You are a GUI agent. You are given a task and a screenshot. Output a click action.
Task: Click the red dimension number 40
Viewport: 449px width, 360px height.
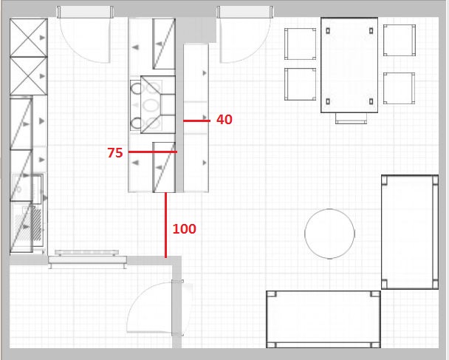(224, 120)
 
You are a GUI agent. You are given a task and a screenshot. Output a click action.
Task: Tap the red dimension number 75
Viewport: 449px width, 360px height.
(115, 153)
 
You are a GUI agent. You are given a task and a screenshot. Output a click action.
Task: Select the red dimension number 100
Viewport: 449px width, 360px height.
(185, 228)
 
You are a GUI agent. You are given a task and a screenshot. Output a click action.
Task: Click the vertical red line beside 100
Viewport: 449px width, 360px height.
(165, 225)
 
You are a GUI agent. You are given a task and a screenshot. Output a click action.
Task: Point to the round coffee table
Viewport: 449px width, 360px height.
(329, 234)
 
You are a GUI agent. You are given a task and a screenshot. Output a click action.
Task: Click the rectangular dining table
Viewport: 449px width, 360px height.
(349, 65)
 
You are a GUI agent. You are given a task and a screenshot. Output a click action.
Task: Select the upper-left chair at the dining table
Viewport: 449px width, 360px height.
(300, 44)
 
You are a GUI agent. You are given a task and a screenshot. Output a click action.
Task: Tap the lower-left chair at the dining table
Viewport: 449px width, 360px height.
(300, 84)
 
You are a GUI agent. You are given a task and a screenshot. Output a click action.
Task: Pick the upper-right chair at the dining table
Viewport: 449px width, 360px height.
(400, 40)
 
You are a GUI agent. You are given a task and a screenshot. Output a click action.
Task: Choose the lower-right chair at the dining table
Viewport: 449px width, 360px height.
(400, 88)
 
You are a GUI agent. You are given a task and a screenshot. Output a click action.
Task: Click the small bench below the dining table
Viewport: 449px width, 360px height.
(351, 118)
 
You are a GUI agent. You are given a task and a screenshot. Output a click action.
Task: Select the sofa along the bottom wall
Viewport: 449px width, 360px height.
(323, 319)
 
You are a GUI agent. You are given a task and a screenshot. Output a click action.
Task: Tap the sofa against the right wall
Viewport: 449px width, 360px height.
(410, 232)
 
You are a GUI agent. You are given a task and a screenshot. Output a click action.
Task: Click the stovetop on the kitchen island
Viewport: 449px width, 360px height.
(146, 105)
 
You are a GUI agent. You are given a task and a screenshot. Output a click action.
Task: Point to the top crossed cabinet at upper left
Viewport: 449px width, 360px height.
(29, 38)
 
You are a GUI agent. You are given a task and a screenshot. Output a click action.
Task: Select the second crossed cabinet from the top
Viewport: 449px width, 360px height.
(29, 76)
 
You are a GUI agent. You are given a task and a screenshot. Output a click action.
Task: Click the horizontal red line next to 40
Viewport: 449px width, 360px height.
(196, 121)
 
